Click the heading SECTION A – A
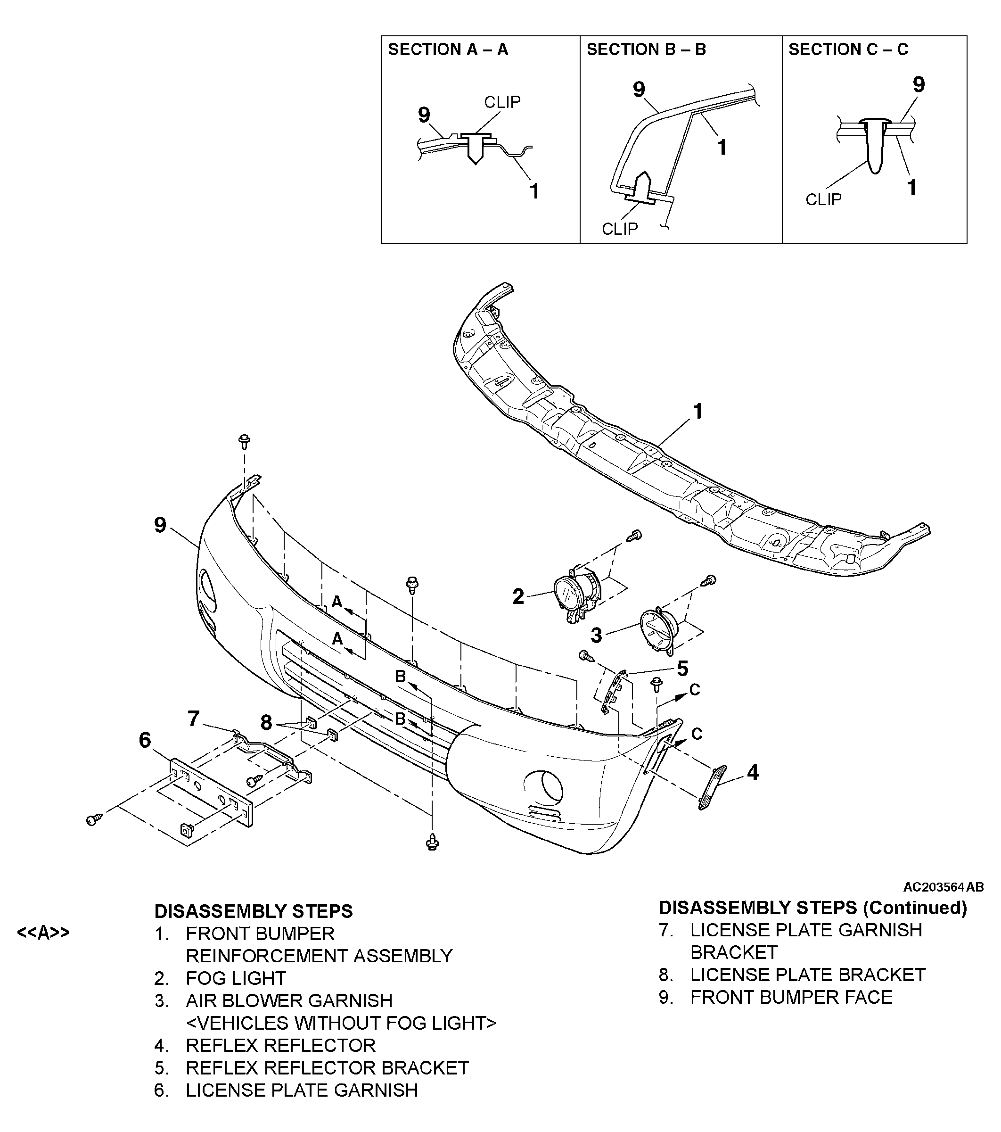click(448, 50)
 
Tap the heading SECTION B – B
click(646, 50)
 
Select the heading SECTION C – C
click(848, 50)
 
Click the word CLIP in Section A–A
click(502, 102)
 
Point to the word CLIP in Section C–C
click(823, 199)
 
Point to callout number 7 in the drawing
click(193, 719)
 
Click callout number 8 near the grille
click(266, 722)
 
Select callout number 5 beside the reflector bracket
click(683, 669)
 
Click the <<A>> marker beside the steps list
click(43, 933)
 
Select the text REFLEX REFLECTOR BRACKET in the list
click(327, 1067)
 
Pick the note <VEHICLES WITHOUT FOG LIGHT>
click(341, 1022)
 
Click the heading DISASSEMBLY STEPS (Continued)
click(813, 908)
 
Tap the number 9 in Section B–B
click(639, 89)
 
